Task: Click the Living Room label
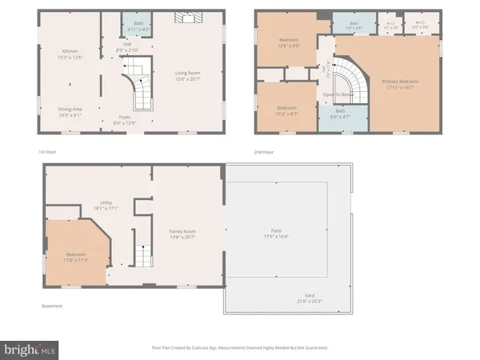click(x=187, y=74)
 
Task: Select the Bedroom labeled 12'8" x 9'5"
click(x=289, y=42)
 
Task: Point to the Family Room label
click(x=182, y=234)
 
